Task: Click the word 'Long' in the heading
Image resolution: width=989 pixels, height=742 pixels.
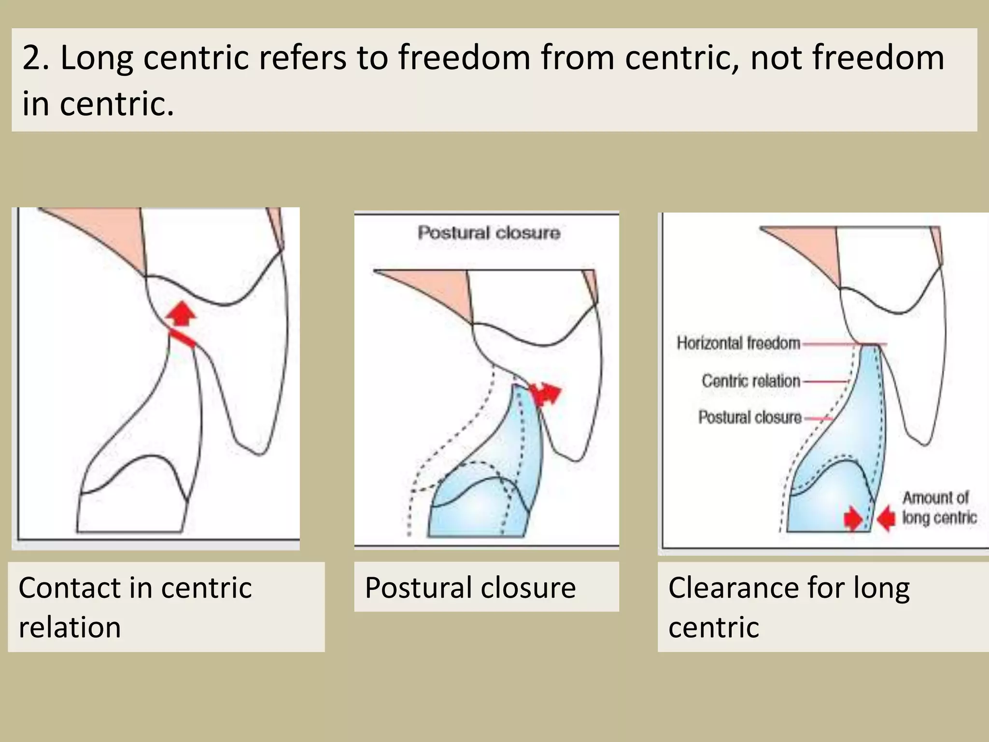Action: coord(97,58)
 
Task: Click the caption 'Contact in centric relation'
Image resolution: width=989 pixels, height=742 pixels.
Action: coord(135,607)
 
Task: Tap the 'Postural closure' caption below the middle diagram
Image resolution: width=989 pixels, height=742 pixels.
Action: coord(470,587)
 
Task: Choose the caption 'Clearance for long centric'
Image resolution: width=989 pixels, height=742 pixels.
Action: coord(789,607)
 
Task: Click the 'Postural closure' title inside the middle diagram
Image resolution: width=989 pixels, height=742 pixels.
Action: coord(489,233)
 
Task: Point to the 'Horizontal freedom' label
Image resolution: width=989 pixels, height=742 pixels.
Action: coord(738,343)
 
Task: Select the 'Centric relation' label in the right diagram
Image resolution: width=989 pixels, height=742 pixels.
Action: coord(751,381)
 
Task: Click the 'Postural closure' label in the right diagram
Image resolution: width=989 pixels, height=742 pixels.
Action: coord(750,417)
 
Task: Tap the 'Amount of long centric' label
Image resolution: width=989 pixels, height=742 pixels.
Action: coord(939,508)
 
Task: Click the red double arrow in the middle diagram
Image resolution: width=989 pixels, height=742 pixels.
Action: coord(546,393)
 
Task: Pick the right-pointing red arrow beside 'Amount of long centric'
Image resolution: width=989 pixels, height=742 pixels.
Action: coord(853,519)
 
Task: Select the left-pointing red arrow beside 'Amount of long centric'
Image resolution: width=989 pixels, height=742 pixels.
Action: coord(887,519)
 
